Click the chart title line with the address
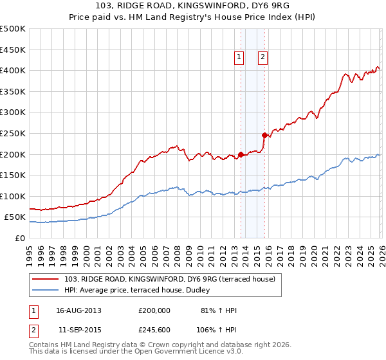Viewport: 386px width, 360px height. [193, 6]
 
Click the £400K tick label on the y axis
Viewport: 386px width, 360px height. [13, 70]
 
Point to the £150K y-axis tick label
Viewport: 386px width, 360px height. [13, 175]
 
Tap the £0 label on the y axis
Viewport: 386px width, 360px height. [21, 238]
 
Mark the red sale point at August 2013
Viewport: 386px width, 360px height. [241, 154]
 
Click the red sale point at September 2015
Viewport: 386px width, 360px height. [264, 135]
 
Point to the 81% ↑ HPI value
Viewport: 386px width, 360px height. [219, 310]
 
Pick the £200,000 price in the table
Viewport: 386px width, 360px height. [154, 310]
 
